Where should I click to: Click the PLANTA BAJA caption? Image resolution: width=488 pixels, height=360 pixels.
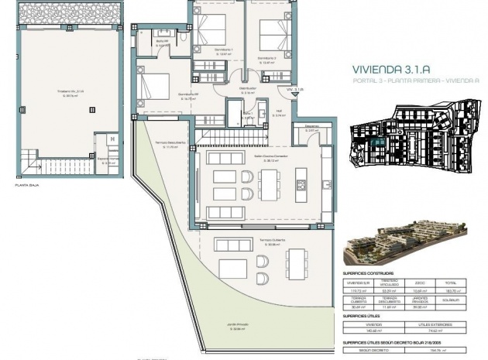(27, 186)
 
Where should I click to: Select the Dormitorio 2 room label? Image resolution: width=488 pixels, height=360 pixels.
(267, 59)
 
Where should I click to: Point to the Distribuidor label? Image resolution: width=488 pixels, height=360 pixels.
(248, 88)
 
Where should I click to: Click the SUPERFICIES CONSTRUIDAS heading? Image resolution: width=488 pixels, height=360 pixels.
(368, 273)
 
